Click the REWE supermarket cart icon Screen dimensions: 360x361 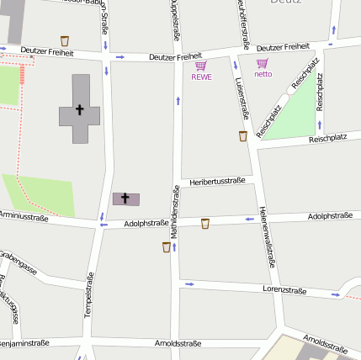click(x=200, y=66)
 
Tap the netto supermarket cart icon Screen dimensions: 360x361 click(x=263, y=63)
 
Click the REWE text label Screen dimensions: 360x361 click(x=201, y=77)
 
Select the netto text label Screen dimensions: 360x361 click(x=263, y=74)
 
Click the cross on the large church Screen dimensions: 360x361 click(x=80, y=109)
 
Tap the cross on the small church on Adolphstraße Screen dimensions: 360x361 click(x=126, y=199)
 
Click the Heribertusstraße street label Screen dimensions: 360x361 click(x=217, y=181)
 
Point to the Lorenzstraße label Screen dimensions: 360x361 click(x=284, y=289)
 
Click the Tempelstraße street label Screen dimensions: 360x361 click(x=88, y=295)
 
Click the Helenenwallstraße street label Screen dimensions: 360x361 click(x=268, y=236)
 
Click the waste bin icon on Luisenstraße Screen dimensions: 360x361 click(x=243, y=135)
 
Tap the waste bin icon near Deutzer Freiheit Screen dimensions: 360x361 click(x=65, y=40)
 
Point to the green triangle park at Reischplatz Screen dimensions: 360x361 click(x=286, y=118)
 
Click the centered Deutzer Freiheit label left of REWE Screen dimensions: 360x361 click(x=175, y=56)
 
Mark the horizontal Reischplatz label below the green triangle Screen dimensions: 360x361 click(x=327, y=137)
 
